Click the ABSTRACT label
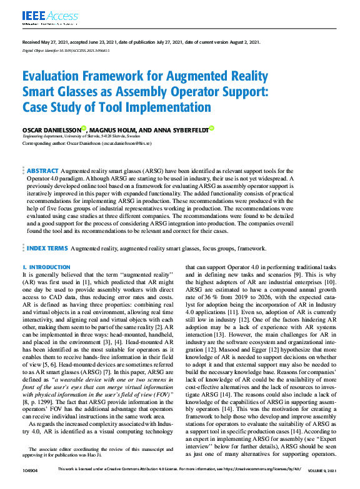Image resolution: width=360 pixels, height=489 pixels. (42, 170)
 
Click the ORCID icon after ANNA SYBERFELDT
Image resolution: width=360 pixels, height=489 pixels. (211, 128)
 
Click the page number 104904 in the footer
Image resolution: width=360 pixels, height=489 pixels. (31, 469)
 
